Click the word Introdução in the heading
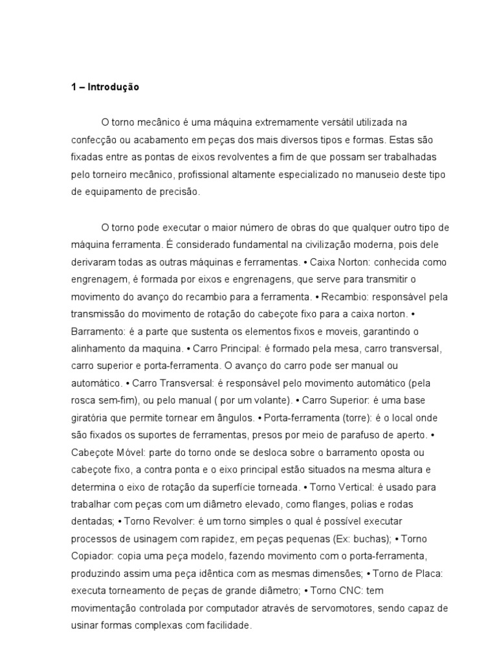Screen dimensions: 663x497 pyautogui.click(x=114, y=87)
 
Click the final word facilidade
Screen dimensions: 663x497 pyautogui.click(x=224, y=626)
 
